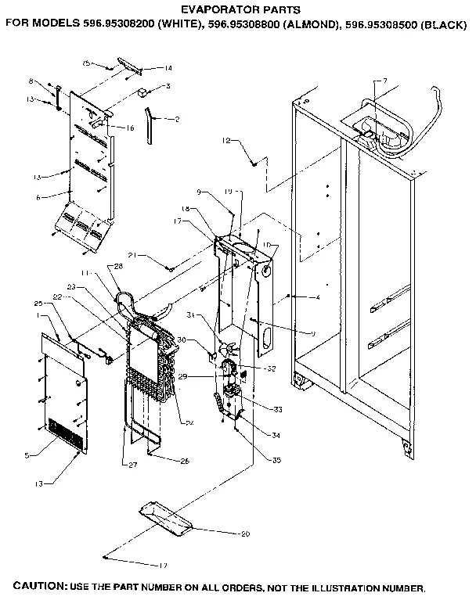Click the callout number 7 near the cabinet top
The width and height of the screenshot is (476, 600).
[x=384, y=81]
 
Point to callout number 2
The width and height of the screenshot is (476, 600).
[x=177, y=119]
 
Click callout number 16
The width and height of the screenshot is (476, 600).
[x=130, y=128]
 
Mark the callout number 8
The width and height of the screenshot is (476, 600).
[x=52, y=81]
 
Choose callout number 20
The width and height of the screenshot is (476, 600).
[x=243, y=533]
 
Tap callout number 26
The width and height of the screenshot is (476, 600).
[x=185, y=462]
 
